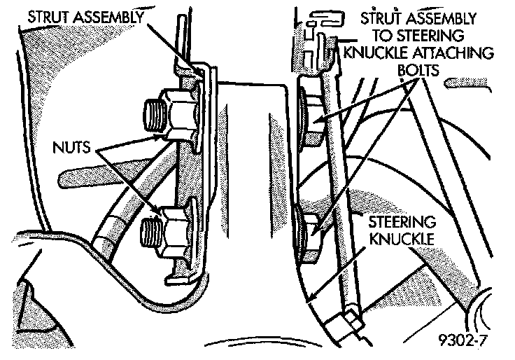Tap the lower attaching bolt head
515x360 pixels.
tap(309, 230)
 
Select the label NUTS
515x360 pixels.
tap(73, 148)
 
